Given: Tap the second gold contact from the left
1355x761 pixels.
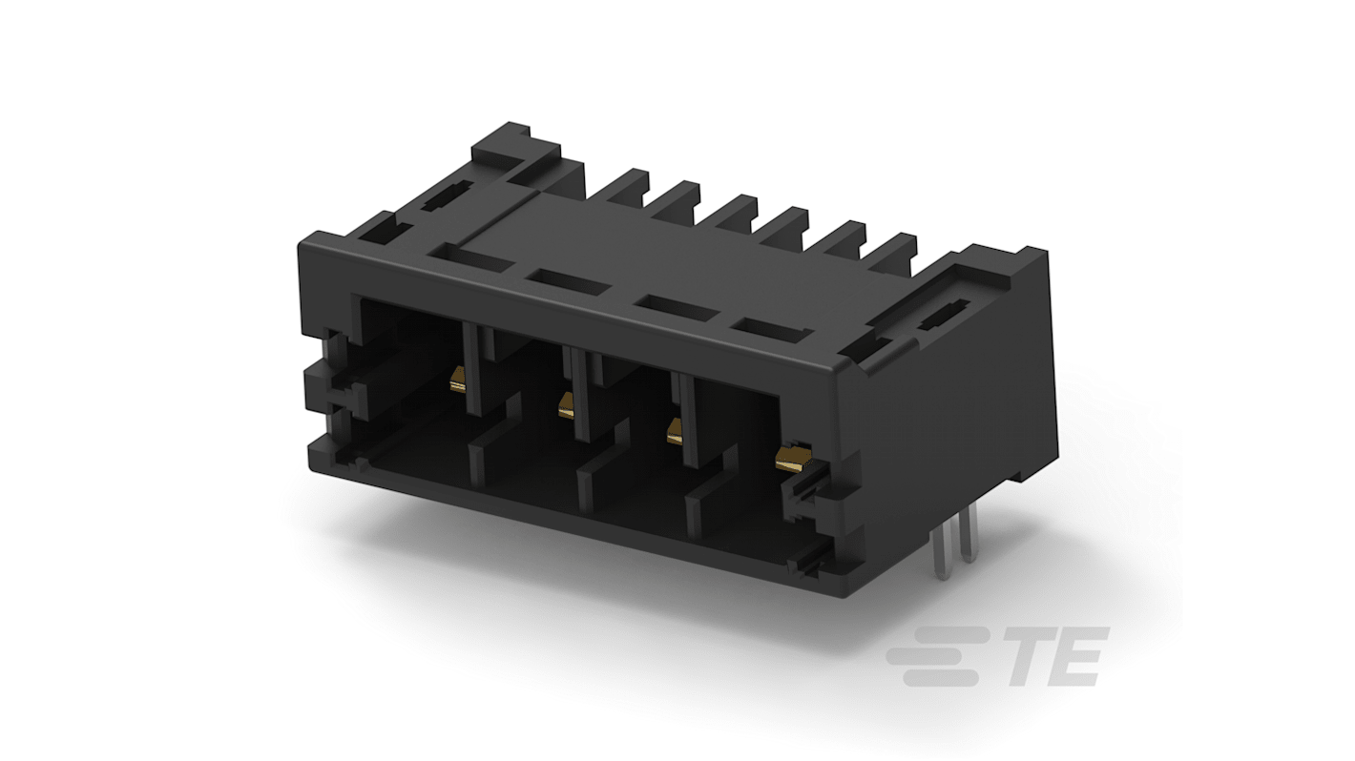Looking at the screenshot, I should tap(566, 406).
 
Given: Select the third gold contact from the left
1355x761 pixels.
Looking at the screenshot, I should tap(676, 431).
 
